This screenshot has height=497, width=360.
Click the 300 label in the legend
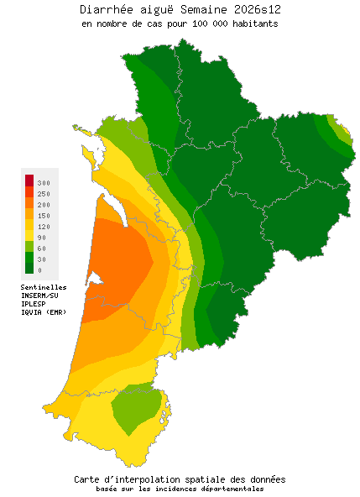44,182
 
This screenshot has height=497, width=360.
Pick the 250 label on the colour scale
44,194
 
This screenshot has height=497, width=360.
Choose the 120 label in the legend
44,227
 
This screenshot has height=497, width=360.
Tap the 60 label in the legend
42,248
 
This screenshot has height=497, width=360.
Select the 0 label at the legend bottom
39,270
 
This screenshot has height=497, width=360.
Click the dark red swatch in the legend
29,180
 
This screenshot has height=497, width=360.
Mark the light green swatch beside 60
29,247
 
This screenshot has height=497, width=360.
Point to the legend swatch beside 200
29,203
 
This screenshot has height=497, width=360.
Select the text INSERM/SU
39,296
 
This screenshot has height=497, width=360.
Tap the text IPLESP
34,304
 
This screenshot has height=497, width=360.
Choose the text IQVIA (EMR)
43,312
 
